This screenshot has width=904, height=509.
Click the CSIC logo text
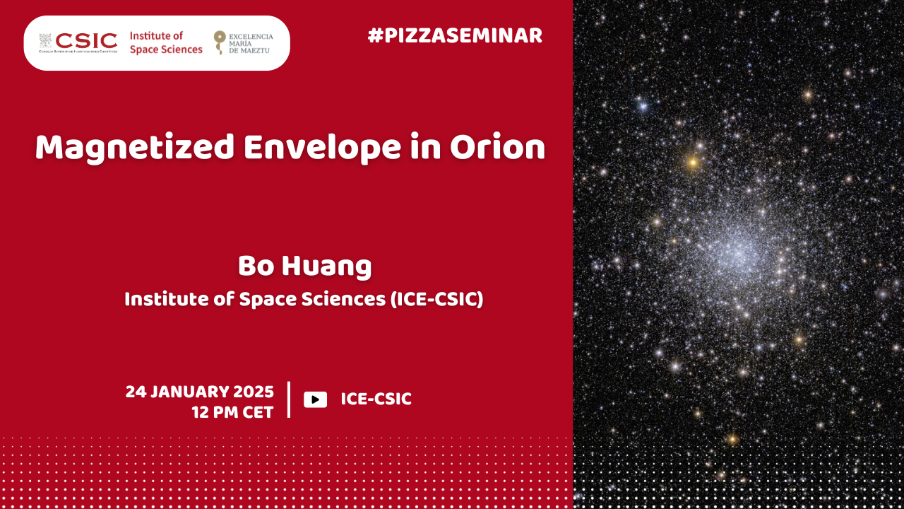(86, 41)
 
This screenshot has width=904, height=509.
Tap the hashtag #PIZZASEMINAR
(455, 36)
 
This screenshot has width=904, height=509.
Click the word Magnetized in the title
(135, 148)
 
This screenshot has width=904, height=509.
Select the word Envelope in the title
(322, 148)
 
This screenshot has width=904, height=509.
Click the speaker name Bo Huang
(304, 267)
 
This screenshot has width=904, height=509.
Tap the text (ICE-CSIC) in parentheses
(436, 299)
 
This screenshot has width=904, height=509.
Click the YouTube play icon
(315, 399)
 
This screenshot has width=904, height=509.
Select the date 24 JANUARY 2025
(200, 392)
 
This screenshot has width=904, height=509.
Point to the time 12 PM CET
(233, 412)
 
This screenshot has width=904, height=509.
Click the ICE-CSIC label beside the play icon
(376, 399)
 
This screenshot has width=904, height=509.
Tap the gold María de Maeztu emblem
(220, 42)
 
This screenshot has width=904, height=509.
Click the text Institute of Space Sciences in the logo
(166, 43)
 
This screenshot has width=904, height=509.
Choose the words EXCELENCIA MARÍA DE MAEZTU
(251, 43)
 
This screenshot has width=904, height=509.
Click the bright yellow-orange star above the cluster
(693, 163)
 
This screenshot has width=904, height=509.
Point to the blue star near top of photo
(643, 107)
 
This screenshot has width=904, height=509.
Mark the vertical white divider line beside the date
(289, 399)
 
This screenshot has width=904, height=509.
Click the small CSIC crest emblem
(45, 40)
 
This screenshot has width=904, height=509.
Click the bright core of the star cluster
(737, 254)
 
